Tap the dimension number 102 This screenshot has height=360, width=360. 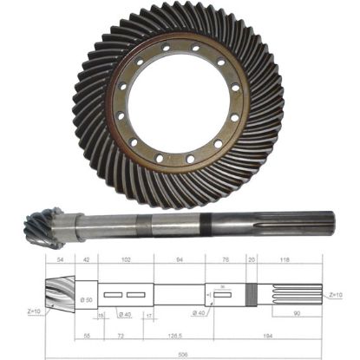click(x=127, y=259)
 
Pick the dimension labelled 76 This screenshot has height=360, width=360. click(x=226, y=259)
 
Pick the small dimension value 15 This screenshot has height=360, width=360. click(x=101, y=315)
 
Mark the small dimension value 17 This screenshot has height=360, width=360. click(x=149, y=315)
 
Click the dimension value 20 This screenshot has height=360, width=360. click(x=252, y=259)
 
